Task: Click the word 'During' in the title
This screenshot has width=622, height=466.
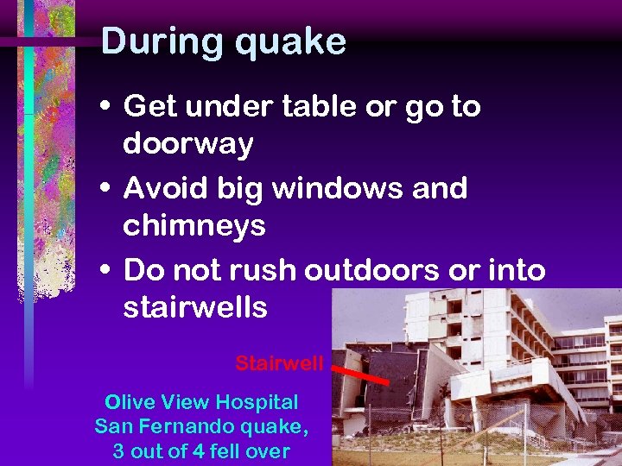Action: pyautogui.click(x=156, y=41)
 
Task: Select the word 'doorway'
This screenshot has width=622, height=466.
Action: pyautogui.click(x=188, y=144)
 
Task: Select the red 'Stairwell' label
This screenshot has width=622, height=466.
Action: pyautogui.click(x=279, y=363)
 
